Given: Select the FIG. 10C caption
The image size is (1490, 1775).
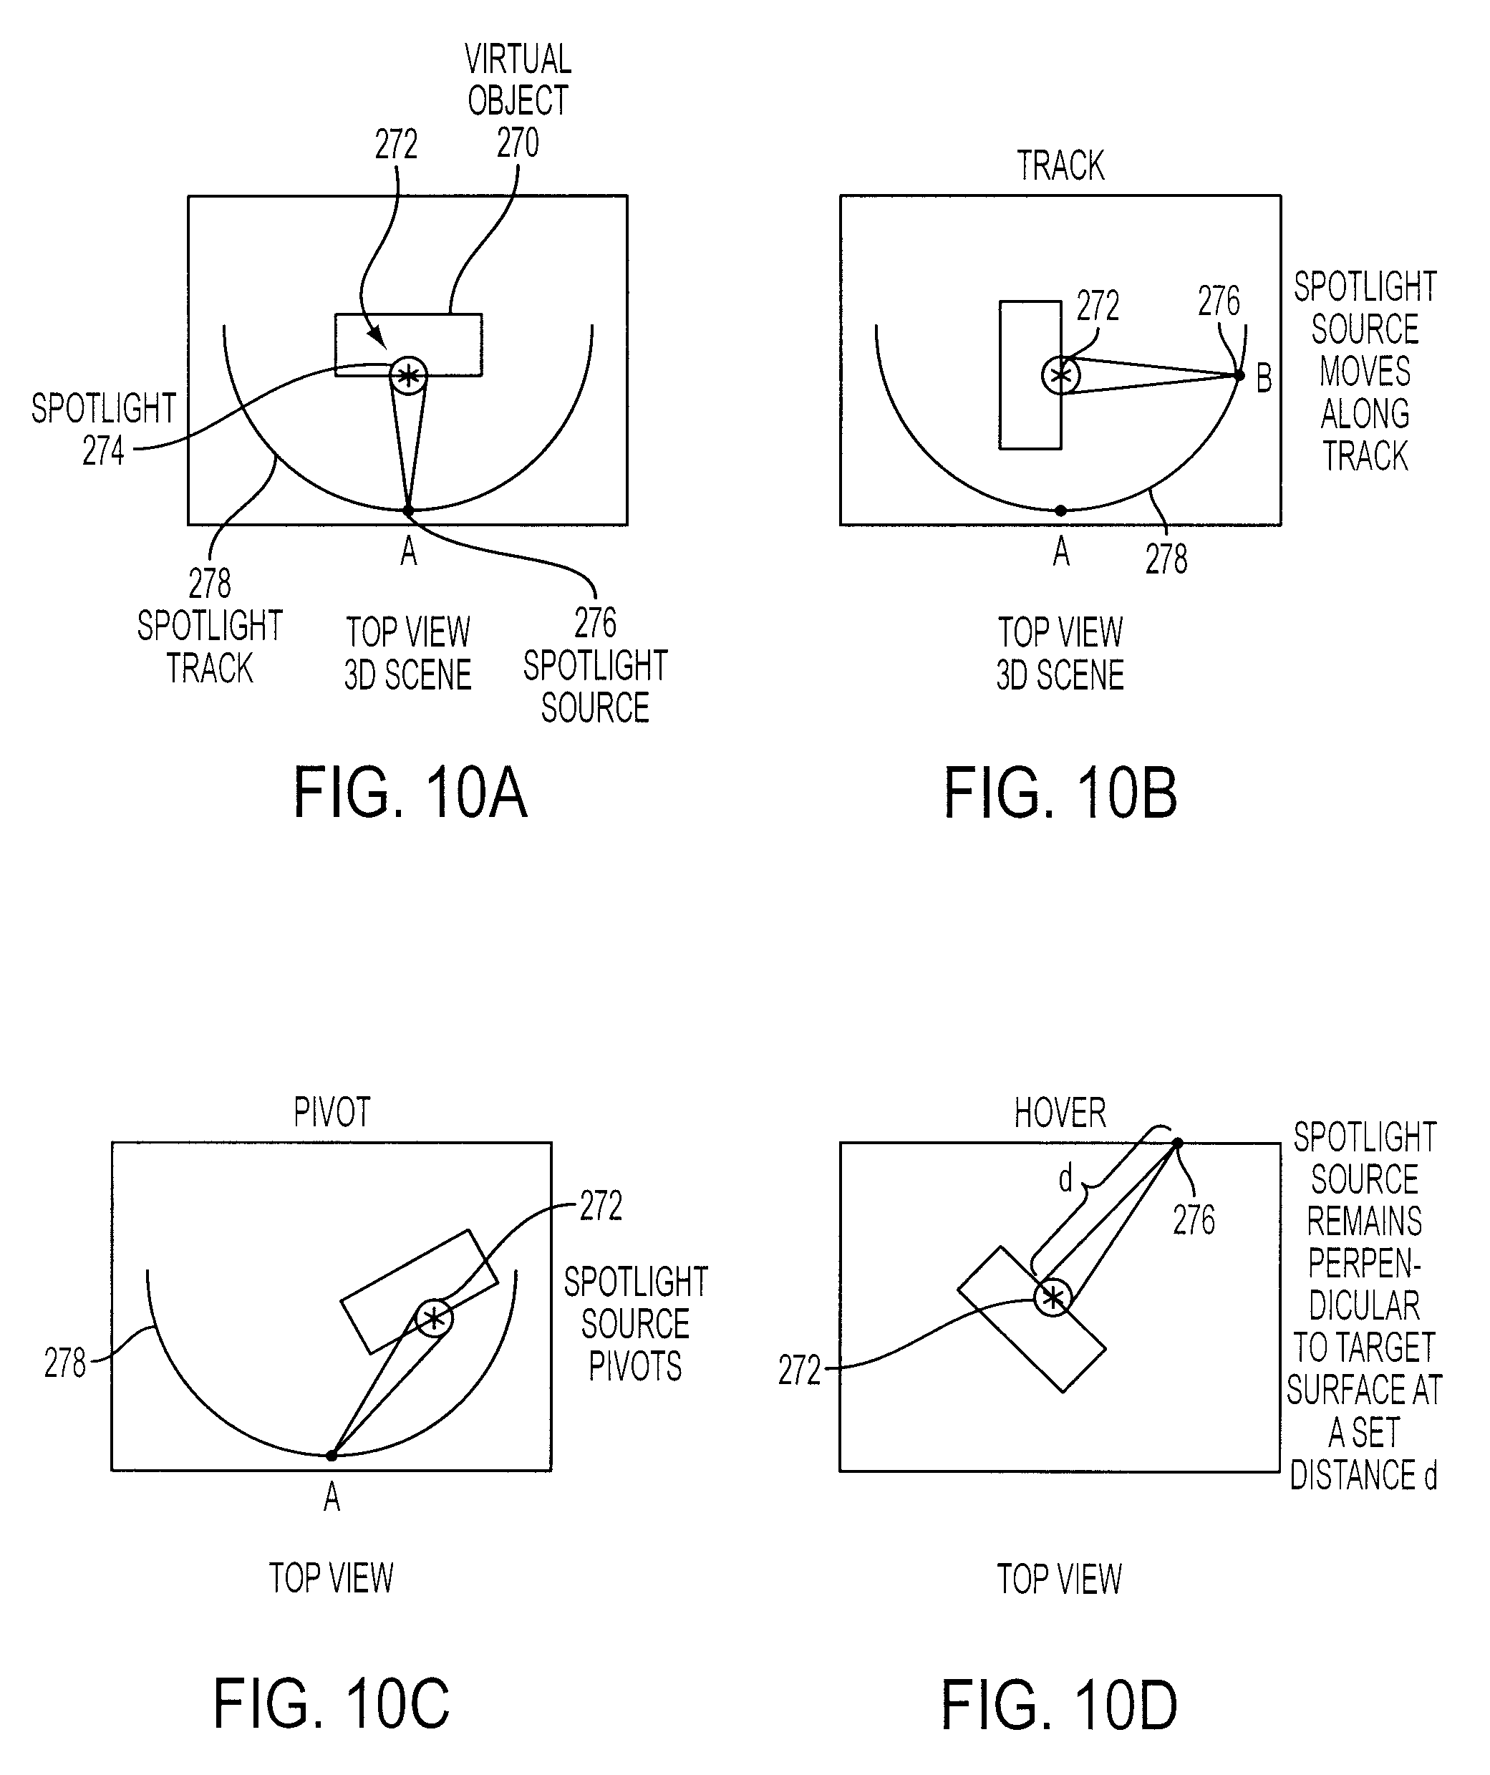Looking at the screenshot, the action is click(x=332, y=1705).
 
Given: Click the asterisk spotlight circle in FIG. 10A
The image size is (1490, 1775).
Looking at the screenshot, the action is click(x=408, y=374).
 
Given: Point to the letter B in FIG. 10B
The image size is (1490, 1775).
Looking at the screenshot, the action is click(x=1264, y=378).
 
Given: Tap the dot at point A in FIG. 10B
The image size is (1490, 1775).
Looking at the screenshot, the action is click(x=1060, y=511).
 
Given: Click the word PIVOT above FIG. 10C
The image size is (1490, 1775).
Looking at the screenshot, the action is click(x=332, y=1113).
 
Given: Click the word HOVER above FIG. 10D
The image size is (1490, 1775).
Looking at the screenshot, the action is click(x=1060, y=1113).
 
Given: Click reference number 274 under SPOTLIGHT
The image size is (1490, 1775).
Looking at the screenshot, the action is click(x=103, y=450).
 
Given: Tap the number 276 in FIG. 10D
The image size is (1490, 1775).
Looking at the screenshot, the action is click(x=1194, y=1219).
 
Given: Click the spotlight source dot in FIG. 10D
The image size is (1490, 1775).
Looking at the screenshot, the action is click(x=1177, y=1143).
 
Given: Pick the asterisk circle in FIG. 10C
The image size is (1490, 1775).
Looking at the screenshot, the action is click(x=434, y=1317).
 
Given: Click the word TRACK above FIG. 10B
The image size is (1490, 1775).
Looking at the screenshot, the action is click(x=1060, y=165).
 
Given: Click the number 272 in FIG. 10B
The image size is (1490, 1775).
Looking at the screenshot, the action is click(x=1098, y=305).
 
